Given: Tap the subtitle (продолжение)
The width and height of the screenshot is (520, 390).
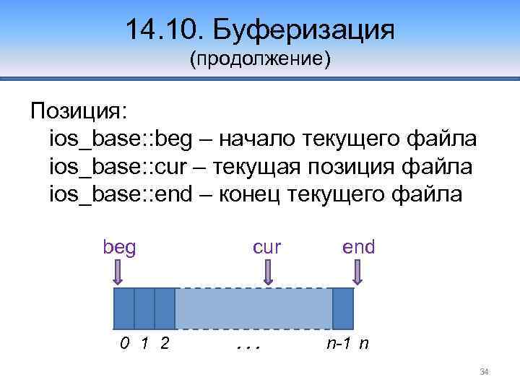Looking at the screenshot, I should (x=260, y=58).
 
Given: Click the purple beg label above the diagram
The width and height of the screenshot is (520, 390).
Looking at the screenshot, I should (x=119, y=248).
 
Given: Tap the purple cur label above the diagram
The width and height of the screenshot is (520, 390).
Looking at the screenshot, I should (x=267, y=248).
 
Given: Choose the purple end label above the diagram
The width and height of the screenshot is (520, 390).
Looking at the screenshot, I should (x=359, y=248).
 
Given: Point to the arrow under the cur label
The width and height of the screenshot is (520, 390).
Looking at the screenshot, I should (x=268, y=274).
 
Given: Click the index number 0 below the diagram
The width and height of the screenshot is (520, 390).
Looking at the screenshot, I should (x=124, y=344).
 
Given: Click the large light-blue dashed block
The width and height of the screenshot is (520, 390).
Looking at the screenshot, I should (x=253, y=308).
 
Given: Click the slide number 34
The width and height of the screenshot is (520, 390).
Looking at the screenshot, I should (x=485, y=372).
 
